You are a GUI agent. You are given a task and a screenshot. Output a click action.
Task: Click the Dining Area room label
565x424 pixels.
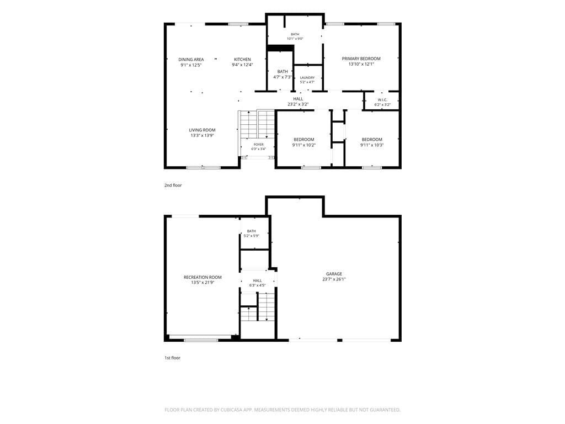pyautogui.click(x=191, y=60)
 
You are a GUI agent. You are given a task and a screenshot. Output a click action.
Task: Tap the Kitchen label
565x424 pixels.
pyautogui.click(x=243, y=60)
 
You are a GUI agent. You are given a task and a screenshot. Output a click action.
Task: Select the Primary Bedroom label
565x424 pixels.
pyautogui.click(x=361, y=59)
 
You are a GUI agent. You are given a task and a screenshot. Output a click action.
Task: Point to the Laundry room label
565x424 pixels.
pyautogui.click(x=307, y=77)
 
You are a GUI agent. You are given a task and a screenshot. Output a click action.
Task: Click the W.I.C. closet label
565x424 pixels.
pyautogui.click(x=382, y=100)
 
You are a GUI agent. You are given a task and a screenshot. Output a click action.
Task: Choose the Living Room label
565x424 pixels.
pyautogui.click(x=202, y=130)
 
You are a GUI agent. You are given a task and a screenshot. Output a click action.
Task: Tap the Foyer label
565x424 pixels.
pyautogui.click(x=258, y=145)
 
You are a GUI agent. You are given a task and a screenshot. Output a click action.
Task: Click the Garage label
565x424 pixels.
pyautogui.click(x=334, y=274)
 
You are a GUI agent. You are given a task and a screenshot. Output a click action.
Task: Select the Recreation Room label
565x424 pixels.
pyautogui.click(x=202, y=277)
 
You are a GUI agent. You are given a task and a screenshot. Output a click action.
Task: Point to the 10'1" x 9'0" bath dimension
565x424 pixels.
pyautogui.click(x=295, y=39)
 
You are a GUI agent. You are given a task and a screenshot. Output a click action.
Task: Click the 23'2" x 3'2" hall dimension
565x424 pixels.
pyautogui.click(x=298, y=104)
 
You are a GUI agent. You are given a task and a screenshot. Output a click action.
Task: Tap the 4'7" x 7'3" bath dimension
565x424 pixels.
pyautogui.click(x=282, y=77)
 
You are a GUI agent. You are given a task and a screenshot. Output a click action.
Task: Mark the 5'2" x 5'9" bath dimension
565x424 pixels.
pyautogui.click(x=252, y=236)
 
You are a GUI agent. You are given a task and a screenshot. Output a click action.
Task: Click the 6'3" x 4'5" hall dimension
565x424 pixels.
pyautogui.click(x=257, y=285)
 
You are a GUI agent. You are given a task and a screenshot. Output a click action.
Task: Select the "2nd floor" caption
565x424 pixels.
pyautogui.click(x=173, y=185)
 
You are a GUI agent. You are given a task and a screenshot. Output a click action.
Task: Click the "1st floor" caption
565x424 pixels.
pyautogui.click(x=172, y=358)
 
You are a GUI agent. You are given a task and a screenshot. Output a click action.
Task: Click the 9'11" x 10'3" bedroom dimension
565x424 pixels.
pyautogui.click(x=372, y=145)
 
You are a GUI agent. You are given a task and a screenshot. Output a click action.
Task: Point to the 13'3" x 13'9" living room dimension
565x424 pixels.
pyautogui.click(x=202, y=136)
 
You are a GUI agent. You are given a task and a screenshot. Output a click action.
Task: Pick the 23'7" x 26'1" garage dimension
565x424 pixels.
pyautogui.click(x=334, y=279)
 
